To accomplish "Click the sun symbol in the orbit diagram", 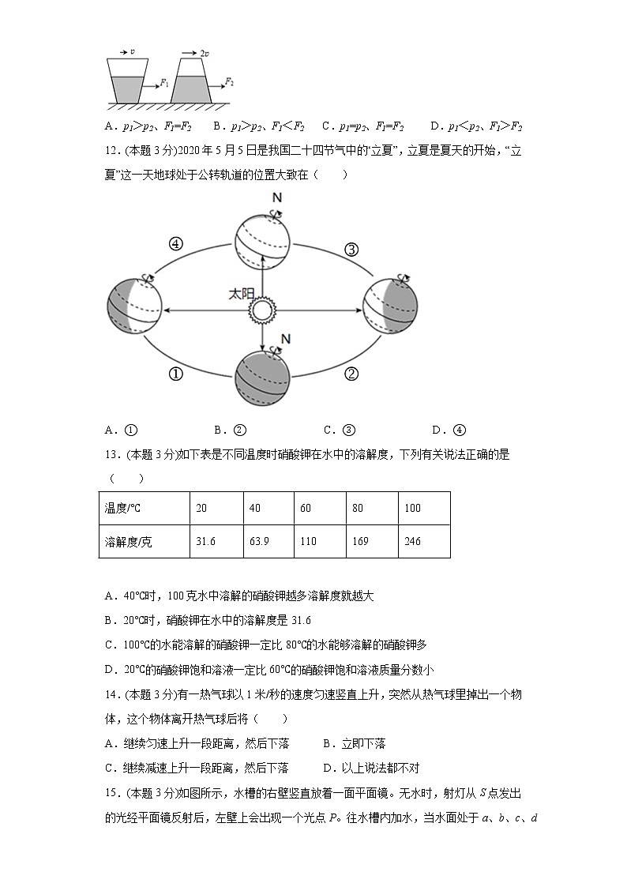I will pyautogui.click(x=261, y=310).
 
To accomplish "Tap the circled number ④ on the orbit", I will pyautogui.click(x=176, y=245).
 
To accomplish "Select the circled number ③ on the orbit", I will pyautogui.click(x=351, y=250).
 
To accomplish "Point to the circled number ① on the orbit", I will pyautogui.click(x=176, y=374).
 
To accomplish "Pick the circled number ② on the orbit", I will pyautogui.click(x=352, y=374).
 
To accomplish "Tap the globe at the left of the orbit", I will pyautogui.click(x=135, y=305).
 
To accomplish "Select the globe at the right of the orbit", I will pyautogui.click(x=390, y=306).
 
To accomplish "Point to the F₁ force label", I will pyautogui.click(x=164, y=82).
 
